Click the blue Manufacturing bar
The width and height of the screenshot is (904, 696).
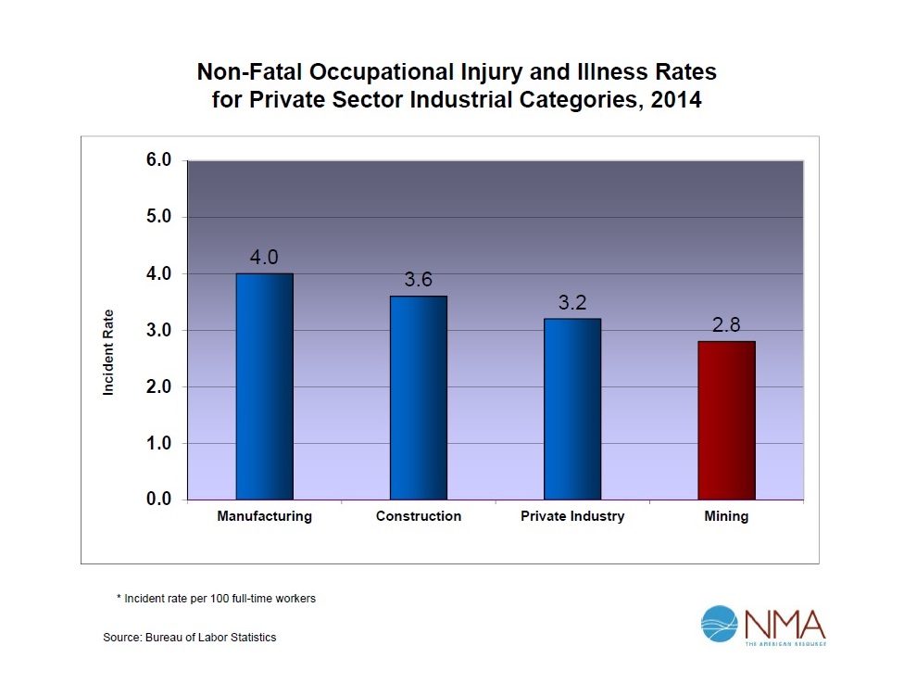[x=264, y=386]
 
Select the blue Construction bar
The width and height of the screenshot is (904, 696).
[x=418, y=398]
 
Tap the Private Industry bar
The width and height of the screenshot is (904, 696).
[x=572, y=409]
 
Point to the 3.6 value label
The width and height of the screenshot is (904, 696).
[x=418, y=280]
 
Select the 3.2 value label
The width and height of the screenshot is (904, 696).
[x=572, y=302]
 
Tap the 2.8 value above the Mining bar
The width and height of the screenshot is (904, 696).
[x=726, y=325]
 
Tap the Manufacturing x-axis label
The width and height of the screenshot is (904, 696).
[x=264, y=516]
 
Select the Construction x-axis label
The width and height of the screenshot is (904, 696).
[x=418, y=516]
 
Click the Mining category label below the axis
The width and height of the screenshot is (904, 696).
[x=726, y=516]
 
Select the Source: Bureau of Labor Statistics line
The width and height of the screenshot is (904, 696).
[x=189, y=638]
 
